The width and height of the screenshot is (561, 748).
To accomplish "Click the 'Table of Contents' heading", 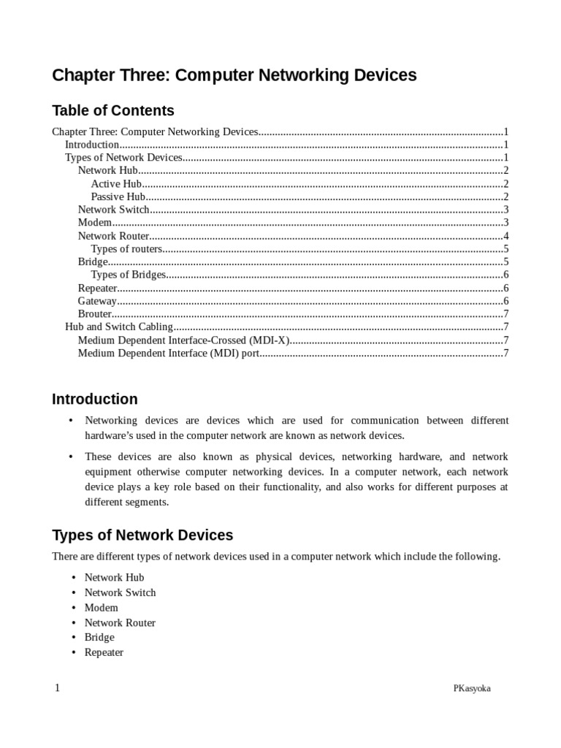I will point(113,111).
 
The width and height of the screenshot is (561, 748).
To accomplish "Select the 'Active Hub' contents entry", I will point(116,184).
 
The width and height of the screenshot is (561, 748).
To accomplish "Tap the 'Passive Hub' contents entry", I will point(118,197).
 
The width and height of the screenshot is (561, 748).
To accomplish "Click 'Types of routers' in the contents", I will point(126,249).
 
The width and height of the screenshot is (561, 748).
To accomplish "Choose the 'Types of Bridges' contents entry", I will point(129,275).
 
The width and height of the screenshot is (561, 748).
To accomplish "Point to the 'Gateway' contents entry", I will point(97,301).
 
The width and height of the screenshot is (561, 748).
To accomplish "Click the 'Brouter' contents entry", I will point(95,314).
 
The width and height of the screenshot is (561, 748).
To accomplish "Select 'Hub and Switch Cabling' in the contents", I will point(119,327).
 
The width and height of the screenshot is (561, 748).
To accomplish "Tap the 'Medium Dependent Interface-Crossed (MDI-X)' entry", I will point(184,340).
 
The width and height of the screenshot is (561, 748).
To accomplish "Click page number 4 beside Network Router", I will point(505,236).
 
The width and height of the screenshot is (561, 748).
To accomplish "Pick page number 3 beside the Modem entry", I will point(505,223).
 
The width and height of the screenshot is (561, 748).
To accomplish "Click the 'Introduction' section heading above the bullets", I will point(94,400).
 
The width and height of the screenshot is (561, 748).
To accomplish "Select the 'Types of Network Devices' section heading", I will point(142,535).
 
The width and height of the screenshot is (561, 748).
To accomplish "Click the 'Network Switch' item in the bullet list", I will point(120,592).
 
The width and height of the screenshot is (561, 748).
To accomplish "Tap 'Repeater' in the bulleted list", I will point(104,652).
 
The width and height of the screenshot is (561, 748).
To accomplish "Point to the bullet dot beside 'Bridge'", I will point(73,638).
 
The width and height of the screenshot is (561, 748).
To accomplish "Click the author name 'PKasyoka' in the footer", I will point(472,688).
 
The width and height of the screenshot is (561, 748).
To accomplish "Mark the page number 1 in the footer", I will point(56,688).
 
